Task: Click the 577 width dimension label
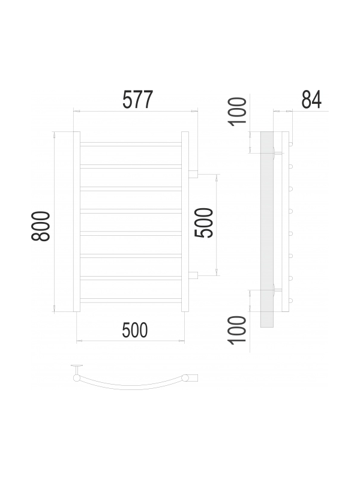coord(137,100)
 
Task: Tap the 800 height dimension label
coord(41,226)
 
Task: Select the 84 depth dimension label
coord(311,100)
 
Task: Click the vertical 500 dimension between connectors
coord(204,223)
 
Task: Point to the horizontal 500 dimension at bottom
coord(134,330)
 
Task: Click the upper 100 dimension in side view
coord(238,112)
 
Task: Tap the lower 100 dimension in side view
coord(238,331)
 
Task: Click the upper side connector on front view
coord(193,175)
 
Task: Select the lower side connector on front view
coord(193,275)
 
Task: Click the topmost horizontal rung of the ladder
coord(131,144)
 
